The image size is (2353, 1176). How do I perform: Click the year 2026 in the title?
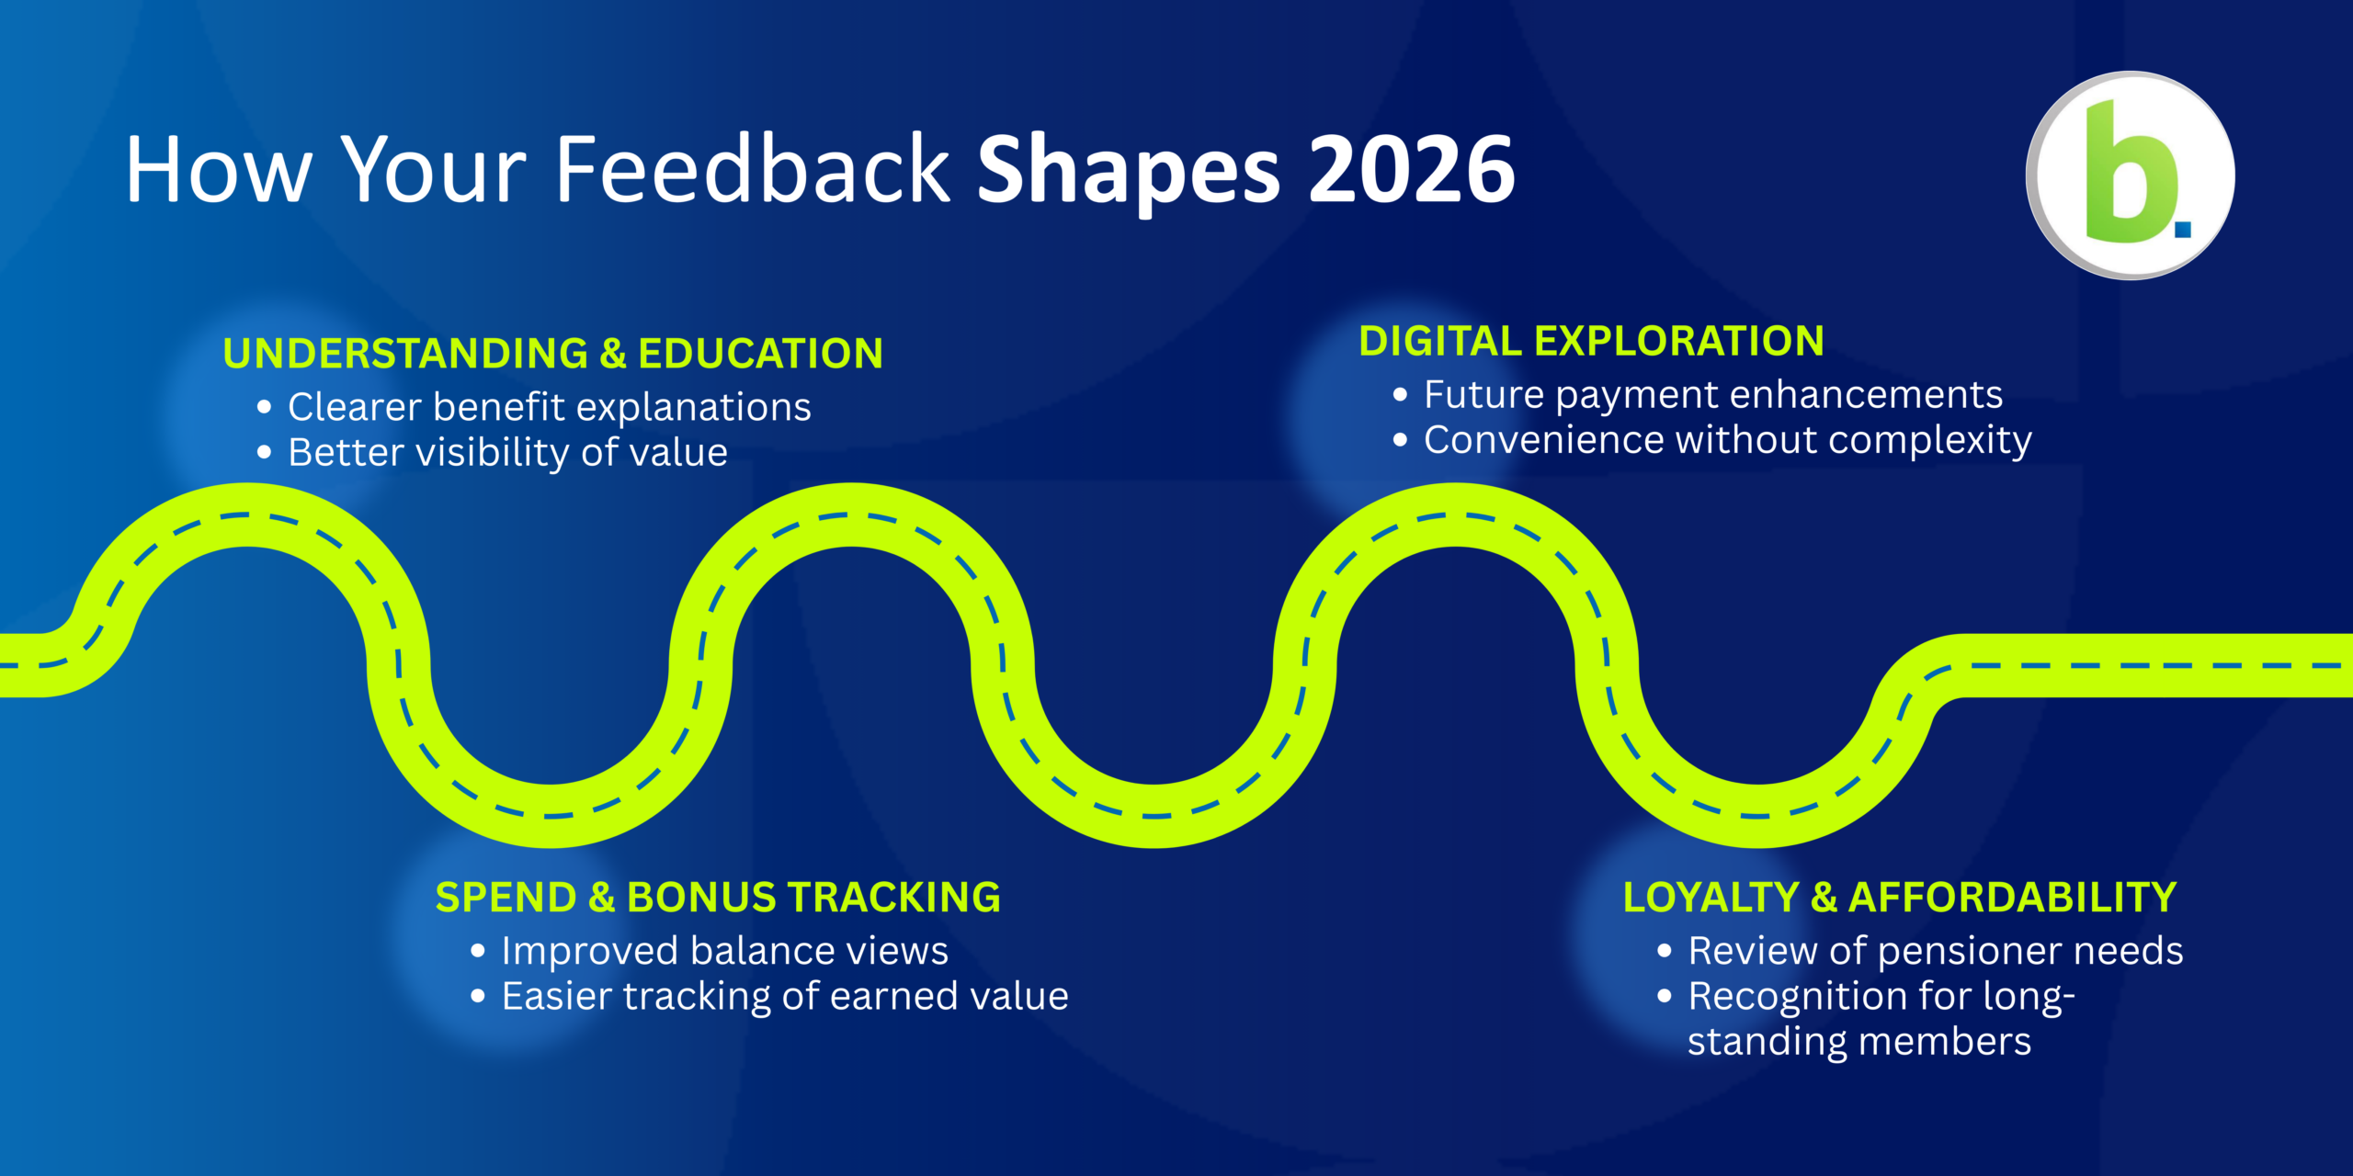click(x=1412, y=169)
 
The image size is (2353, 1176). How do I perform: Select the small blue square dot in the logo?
click(x=2183, y=229)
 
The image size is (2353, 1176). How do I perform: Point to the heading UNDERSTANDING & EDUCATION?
click(x=552, y=354)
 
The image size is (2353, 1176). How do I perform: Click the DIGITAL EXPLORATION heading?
click(x=1591, y=341)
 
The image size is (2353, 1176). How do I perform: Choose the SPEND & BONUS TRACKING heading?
click(x=718, y=898)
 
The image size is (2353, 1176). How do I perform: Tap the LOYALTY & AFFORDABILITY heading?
click(x=1900, y=898)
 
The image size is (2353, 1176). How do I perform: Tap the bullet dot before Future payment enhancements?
click(x=1400, y=395)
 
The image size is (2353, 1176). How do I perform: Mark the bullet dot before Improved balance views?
click(x=477, y=951)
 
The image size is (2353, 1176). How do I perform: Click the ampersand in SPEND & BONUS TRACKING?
click(x=601, y=898)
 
